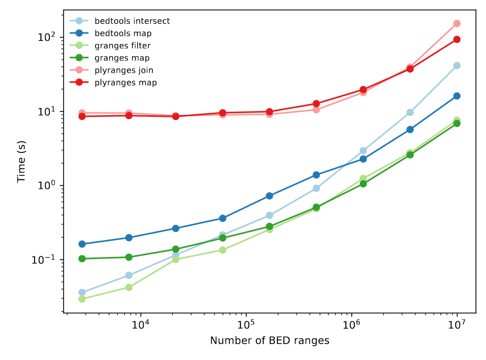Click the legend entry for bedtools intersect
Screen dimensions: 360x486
132,21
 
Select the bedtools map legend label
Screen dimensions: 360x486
123,33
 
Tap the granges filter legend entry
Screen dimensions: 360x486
122,46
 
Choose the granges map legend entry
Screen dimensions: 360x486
121,58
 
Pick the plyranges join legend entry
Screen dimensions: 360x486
124,70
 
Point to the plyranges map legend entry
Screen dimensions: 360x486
125,82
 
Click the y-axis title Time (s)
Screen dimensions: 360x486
21,162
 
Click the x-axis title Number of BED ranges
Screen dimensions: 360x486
270,341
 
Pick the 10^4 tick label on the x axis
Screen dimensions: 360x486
141,324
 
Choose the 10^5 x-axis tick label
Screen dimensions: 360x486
246,324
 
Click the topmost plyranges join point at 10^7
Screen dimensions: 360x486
457,23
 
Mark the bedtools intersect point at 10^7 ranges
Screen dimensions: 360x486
457,65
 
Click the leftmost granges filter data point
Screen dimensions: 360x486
82,299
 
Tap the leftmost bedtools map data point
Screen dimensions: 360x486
82,244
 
